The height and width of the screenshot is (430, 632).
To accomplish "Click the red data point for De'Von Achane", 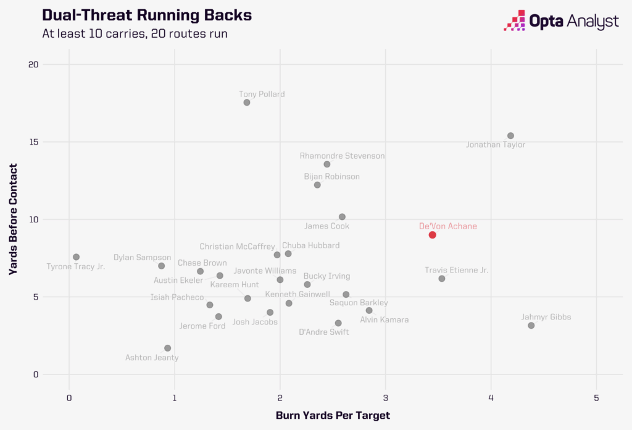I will [433, 235].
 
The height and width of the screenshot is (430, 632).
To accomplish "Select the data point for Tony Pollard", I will [247, 103].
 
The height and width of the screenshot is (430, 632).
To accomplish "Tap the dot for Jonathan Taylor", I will [510, 136].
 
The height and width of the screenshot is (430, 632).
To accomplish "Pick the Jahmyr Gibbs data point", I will [531, 326].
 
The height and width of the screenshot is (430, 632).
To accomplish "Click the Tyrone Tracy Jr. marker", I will [76, 257].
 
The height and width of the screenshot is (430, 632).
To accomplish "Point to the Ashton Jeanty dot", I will [167, 348].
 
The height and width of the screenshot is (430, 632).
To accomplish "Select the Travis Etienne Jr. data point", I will [442, 279].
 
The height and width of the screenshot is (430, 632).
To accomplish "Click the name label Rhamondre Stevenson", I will [342, 156].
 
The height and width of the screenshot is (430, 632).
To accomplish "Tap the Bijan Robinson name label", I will [331, 177].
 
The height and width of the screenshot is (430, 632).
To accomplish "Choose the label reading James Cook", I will [326, 226].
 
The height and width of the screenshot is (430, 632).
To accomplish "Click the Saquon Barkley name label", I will [359, 303].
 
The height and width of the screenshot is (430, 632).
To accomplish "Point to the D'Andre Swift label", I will [323, 332].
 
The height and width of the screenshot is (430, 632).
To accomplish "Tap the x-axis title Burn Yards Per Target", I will [333, 415].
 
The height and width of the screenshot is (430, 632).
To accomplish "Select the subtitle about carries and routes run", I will [135, 33].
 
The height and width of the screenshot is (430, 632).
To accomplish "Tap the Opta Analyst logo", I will [562, 21].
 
